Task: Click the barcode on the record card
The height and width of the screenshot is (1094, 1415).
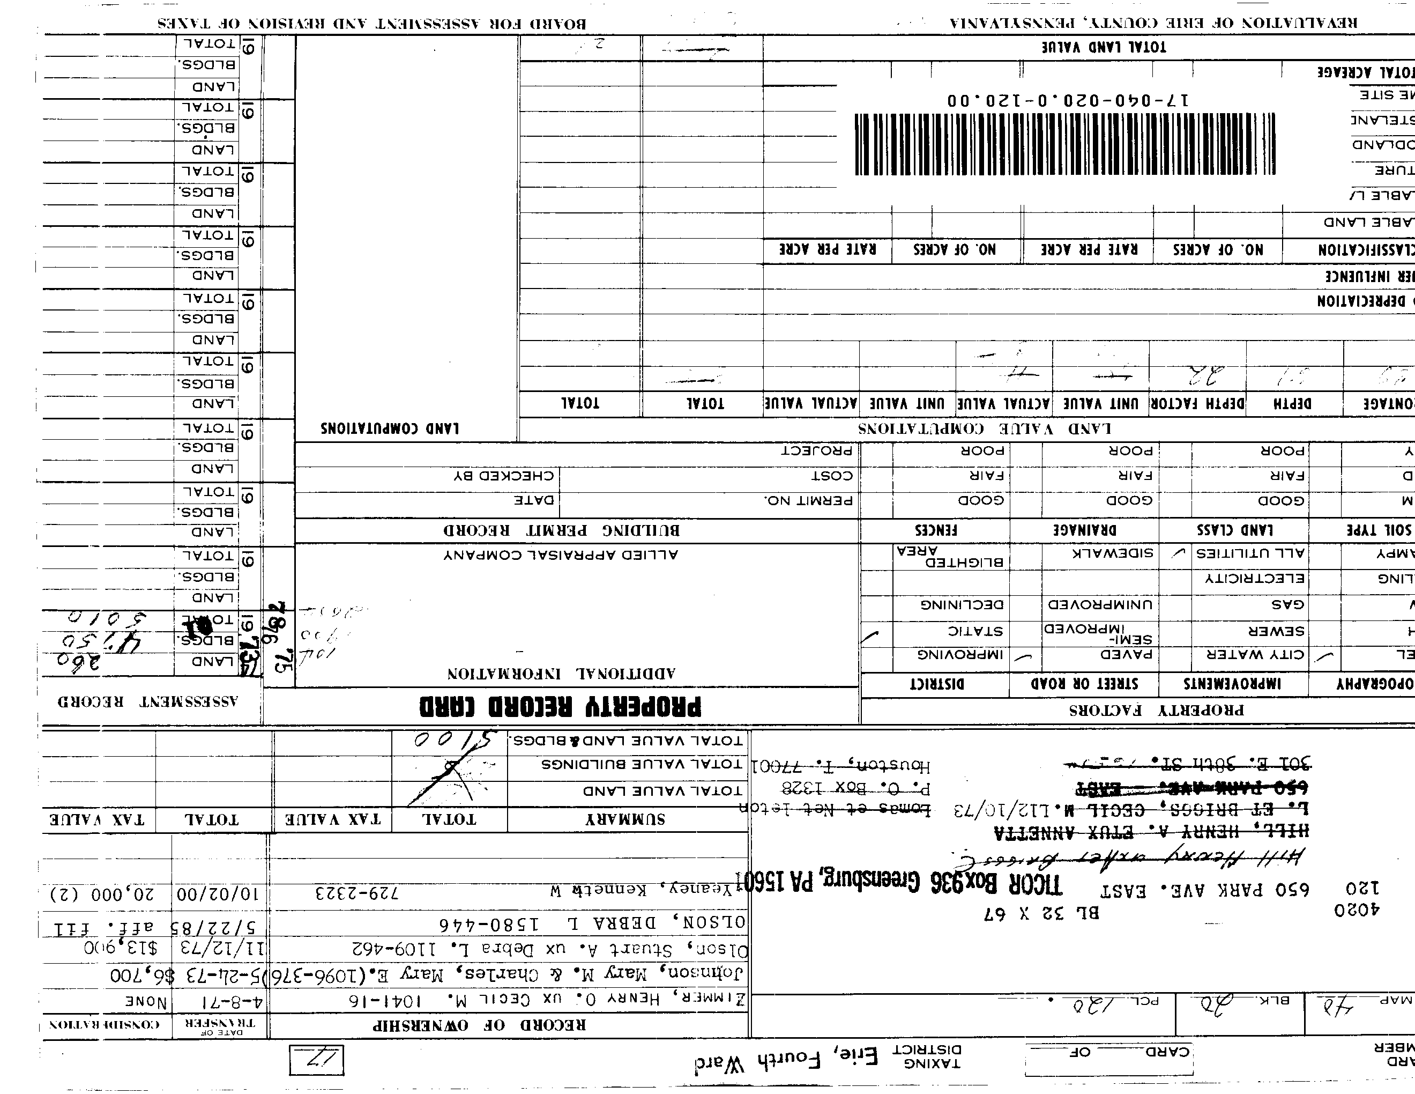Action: pyautogui.click(x=1064, y=144)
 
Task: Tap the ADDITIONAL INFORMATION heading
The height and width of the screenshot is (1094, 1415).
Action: pyautogui.click(x=561, y=674)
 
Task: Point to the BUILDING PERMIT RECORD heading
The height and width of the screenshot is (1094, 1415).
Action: pyautogui.click(x=561, y=531)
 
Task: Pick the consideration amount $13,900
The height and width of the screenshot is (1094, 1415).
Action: pyautogui.click(x=120, y=949)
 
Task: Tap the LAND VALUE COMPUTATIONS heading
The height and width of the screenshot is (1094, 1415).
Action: pyautogui.click(x=984, y=428)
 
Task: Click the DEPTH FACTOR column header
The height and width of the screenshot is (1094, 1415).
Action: pyautogui.click(x=1197, y=403)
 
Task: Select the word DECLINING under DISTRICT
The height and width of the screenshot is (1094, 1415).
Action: pyautogui.click(x=962, y=605)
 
